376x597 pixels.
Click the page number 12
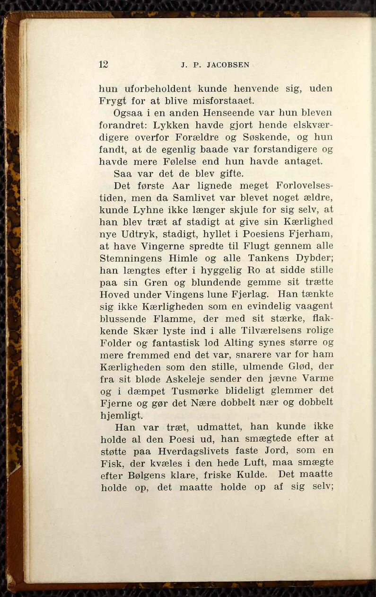coord(104,64)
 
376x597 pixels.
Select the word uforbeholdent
coord(158,89)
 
